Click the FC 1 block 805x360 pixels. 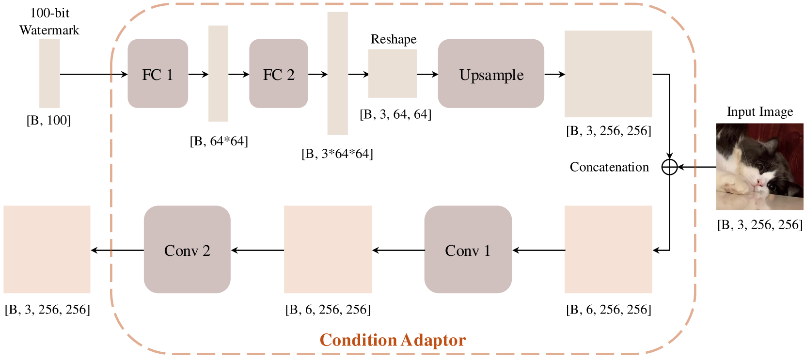pos(158,74)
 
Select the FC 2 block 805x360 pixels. pos(278,74)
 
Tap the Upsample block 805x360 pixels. pos(491,74)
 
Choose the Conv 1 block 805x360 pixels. pos(468,250)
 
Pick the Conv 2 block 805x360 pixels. pos(187,250)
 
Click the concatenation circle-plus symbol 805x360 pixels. pos(669,167)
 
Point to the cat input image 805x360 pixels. pos(759,166)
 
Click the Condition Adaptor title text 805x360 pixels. pos(393,340)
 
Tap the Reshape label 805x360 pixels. pos(394,39)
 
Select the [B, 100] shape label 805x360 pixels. pos(48,120)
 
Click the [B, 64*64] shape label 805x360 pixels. pos(219,141)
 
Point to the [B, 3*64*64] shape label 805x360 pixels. pos(337,154)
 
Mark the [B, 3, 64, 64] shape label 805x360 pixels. pos(395,114)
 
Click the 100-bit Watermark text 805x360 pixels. pos(49,22)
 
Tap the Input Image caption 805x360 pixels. pos(759,112)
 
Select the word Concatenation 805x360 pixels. pos(609,167)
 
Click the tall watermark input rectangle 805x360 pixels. pos(49,74)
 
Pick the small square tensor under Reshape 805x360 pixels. pos(393,74)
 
